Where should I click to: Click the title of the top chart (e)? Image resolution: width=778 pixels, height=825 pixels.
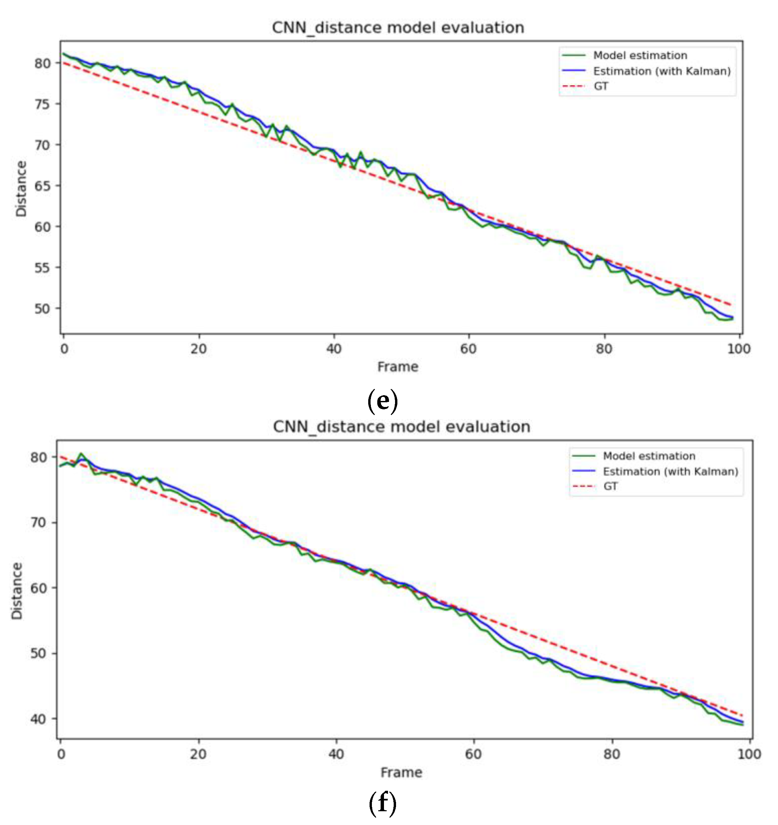(x=398, y=28)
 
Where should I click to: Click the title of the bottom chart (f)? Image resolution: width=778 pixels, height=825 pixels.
(x=401, y=427)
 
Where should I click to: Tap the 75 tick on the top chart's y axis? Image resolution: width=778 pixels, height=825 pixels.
(x=42, y=104)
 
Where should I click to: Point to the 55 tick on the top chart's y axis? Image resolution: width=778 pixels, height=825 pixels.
(x=42, y=268)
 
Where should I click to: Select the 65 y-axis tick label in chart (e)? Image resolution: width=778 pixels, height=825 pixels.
(x=42, y=186)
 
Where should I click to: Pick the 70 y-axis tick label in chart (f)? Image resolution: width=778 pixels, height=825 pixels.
(x=38, y=522)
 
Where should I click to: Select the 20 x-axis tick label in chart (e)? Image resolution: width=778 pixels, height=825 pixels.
(x=199, y=349)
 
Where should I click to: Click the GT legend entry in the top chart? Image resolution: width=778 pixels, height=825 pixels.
(x=601, y=86)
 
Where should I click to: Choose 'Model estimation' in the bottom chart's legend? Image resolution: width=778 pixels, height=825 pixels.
(x=649, y=456)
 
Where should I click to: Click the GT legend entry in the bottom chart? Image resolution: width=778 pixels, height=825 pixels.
(x=610, y=486)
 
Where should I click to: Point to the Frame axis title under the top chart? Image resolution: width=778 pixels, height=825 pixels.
(x=398, y=367)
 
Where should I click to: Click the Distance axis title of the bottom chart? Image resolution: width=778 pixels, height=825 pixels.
(x=16, y=591)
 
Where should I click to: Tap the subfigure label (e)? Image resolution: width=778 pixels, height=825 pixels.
(x=382, y=401)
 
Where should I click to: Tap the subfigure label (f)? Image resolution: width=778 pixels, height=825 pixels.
(x=382, y=804)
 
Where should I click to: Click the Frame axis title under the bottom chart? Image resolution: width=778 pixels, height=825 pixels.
(x=401, y=772)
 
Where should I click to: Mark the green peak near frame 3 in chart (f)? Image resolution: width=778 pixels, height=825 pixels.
(x=81, y=454)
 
